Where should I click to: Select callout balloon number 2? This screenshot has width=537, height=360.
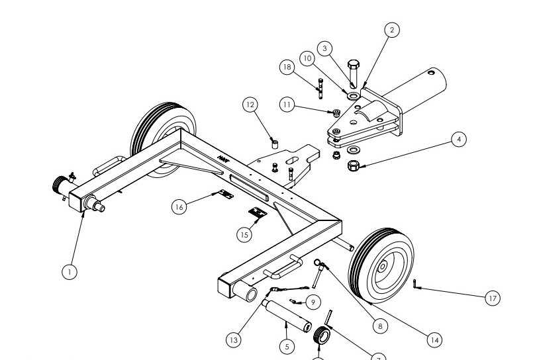[x=392, y=30]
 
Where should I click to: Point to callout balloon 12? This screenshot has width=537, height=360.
[x=250, y=105]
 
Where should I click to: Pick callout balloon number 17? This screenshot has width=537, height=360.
[x=492, y=298]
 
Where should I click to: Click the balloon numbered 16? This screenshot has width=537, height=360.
[x=178, y=207]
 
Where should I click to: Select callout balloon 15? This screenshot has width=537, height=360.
[x=244, y=233]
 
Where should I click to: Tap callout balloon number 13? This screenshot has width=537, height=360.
[x=233, y=339]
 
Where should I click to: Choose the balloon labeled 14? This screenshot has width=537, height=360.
[x=434, y=339]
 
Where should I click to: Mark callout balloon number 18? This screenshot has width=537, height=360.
[x=287, y=67]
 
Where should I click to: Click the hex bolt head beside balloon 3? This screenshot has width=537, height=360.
[x=354, y=66]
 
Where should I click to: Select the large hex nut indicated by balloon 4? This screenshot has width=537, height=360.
[x=354, y=163]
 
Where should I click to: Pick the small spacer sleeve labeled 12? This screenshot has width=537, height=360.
[x=273, y=142]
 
